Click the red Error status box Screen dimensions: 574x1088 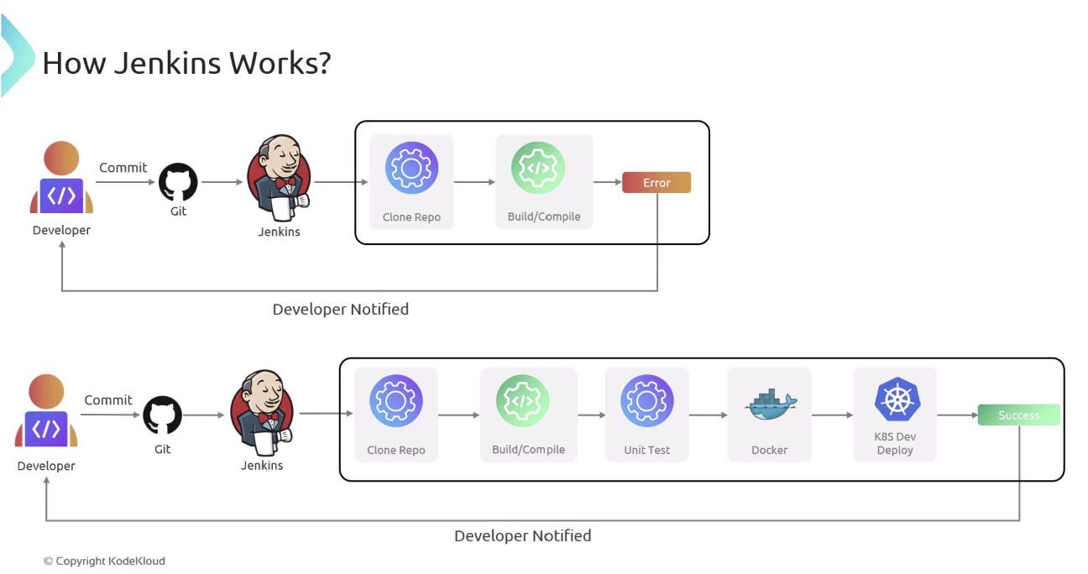tap(656, 182)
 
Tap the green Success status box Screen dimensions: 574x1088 tap(1018, 415)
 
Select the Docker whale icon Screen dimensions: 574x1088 tap(770, 404)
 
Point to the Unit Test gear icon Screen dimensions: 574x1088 tap(646, 401)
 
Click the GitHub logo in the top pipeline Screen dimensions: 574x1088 tap(178, 182)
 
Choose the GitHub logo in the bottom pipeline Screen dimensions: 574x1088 tap(162, 415)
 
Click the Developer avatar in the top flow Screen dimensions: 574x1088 tap(61, 178)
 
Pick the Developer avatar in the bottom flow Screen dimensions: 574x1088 tap(46, 410)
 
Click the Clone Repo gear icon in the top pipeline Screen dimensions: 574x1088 tap(411, 168)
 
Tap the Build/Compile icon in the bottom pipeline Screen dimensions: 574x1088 tap(522, 401)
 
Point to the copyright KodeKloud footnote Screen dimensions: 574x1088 tap(104, 561)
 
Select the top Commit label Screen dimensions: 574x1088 tap(123, 167)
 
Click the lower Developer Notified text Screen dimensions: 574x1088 tap(522, 535)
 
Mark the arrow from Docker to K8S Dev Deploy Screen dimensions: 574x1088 tap(832, 415)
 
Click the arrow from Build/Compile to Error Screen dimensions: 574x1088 tap(607, 182)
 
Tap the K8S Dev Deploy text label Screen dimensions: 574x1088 tap(895, 443)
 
